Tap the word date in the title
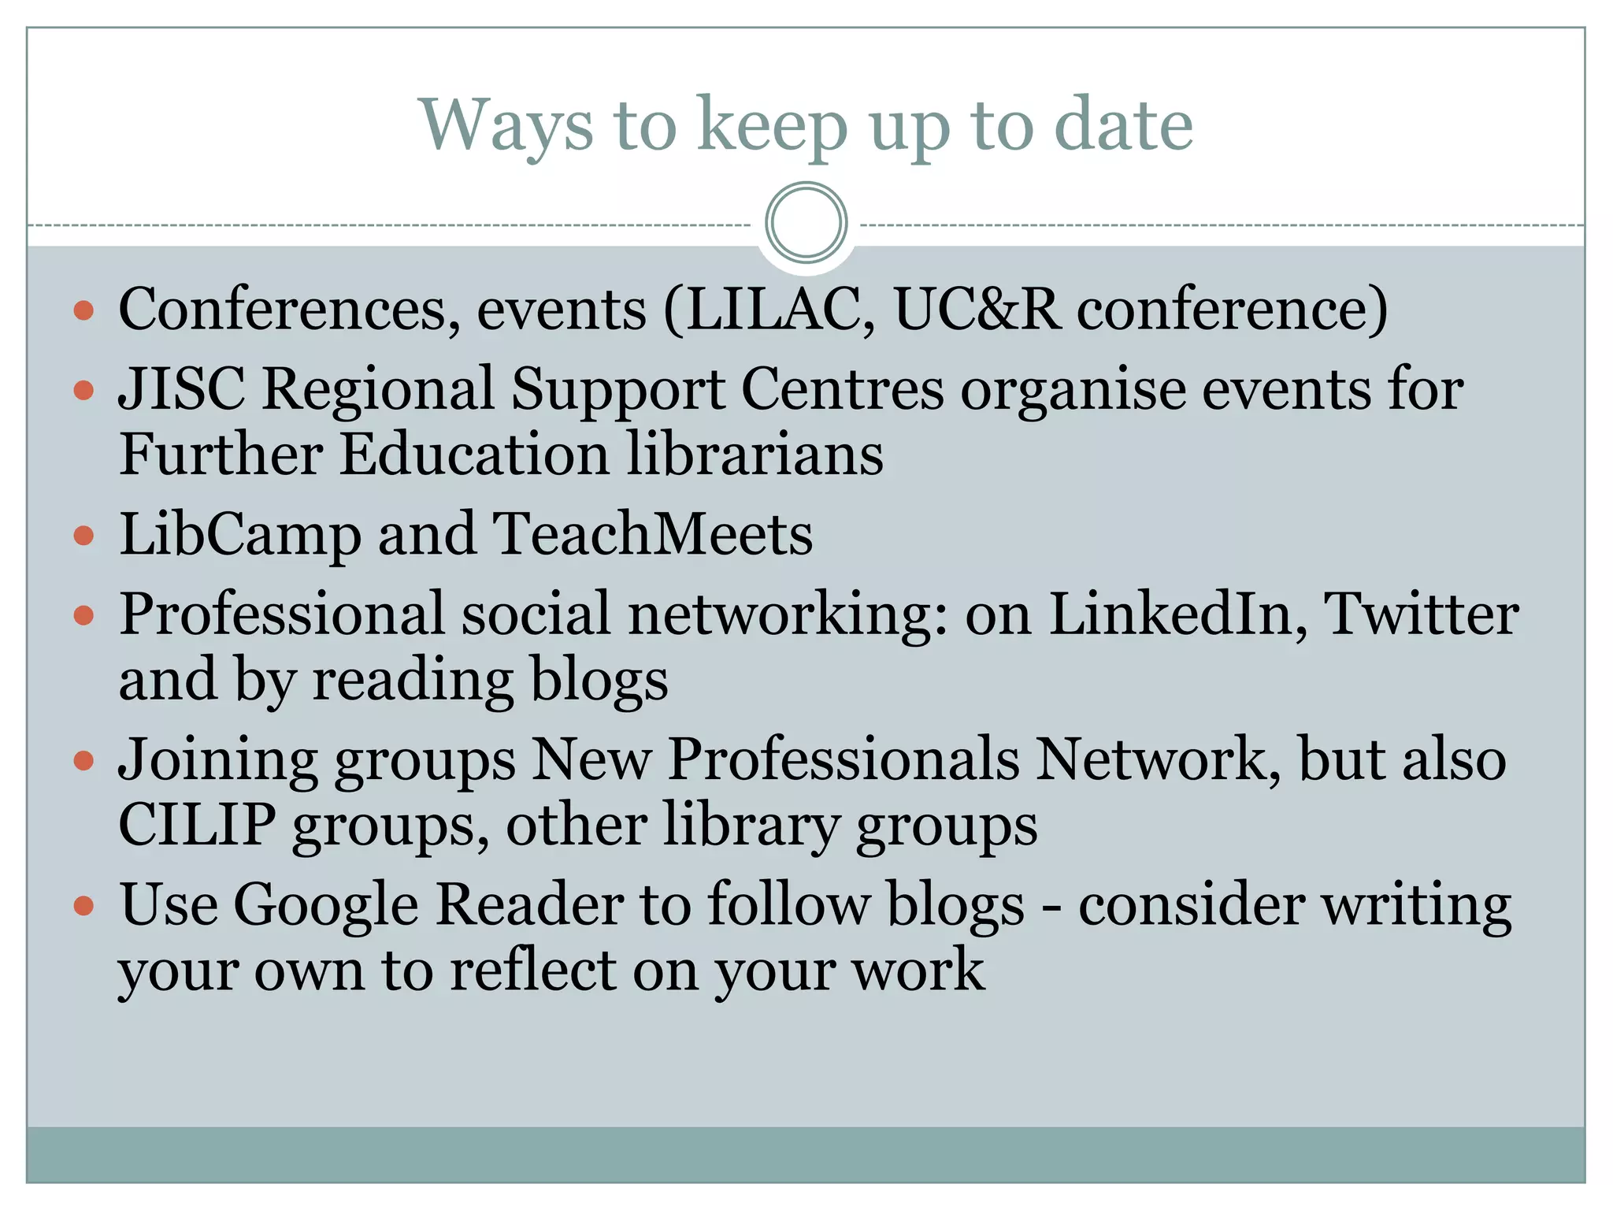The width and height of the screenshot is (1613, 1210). pyautogui.click(x=1123, y=126)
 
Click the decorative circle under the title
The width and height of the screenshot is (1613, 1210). pyautogui.click(x=806, y=222)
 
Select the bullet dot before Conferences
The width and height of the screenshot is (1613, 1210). pyautogui.click(x=83, y=310)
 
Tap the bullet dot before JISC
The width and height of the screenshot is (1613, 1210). pyautogui.click(x=83, y=390)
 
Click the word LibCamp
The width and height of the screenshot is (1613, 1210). pyautogui.click(x=240, y=535)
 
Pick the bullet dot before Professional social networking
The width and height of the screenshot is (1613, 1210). pyautogui.click(x=83, y=614)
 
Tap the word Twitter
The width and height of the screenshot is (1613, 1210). pyautogui.click(x=1422, y=614)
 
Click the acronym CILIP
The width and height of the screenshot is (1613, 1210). pyautogui.click(x=197, y=825)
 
